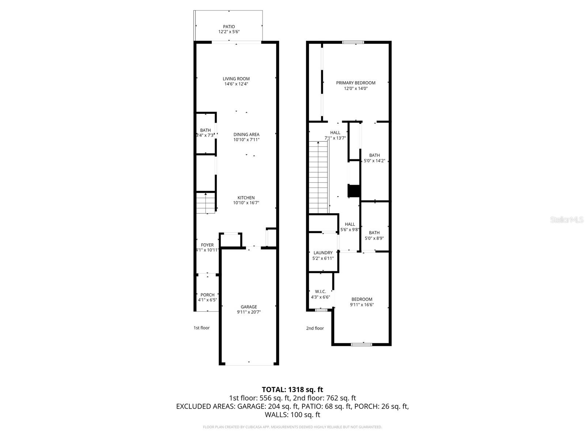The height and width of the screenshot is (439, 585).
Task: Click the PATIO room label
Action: coord(229,27)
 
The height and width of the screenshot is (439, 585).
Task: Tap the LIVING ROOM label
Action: coord(236,79)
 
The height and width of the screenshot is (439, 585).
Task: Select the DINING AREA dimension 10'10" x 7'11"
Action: coord(246,140)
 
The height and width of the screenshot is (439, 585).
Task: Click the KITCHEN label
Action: coord(246,198)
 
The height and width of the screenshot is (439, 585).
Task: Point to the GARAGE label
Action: coord(249,307)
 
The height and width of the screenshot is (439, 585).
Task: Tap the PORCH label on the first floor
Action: coord(207,295)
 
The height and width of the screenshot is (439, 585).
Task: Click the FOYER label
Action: coord(207,245)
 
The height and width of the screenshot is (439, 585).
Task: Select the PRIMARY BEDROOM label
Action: coord(355,83)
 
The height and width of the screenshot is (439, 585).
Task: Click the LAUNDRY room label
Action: coord(323,253)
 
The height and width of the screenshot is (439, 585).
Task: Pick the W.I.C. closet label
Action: coord(320,292)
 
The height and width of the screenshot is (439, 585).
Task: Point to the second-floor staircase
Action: coord(318,177)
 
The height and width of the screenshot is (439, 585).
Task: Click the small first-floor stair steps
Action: coord(205,203)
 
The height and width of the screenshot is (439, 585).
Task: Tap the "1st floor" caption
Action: coord(201,328)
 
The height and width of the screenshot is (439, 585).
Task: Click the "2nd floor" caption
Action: coord(315,328)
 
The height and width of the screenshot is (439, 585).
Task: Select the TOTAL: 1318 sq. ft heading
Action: coord(292,390)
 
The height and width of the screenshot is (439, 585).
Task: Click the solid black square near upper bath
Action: coord(354,191)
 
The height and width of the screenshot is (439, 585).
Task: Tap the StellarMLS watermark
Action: coord(567,220)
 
